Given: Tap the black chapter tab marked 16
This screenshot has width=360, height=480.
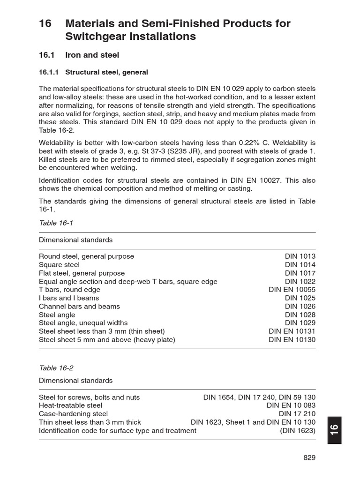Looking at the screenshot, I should point(334,430).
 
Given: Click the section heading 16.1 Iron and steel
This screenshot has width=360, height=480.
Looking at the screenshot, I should point(79,55).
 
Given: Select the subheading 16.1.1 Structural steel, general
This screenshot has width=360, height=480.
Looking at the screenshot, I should point(93,72).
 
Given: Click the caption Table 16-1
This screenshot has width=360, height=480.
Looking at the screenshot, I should point(56,223).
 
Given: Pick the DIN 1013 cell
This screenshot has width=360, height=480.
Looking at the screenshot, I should point(300,256).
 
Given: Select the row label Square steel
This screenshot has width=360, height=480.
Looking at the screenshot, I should point(59,265).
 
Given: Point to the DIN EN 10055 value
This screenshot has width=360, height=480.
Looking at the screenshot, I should point(292,290).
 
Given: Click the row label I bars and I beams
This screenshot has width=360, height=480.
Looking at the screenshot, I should point(69,298).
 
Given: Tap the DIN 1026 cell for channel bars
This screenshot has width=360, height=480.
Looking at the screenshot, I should point(300,307).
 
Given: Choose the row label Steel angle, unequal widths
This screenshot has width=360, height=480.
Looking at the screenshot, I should point(83,323).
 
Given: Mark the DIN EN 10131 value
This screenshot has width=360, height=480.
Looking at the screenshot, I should point(292,331).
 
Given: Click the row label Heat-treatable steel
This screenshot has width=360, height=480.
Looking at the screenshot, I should point(70,405).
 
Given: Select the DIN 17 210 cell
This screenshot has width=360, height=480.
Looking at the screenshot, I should point(297,414).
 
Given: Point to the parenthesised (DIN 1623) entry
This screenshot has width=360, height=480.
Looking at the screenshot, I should point(298,430).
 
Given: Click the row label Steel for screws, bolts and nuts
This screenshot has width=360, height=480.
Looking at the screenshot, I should point(89,397).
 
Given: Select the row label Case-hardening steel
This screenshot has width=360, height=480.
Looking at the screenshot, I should point(73,414).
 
